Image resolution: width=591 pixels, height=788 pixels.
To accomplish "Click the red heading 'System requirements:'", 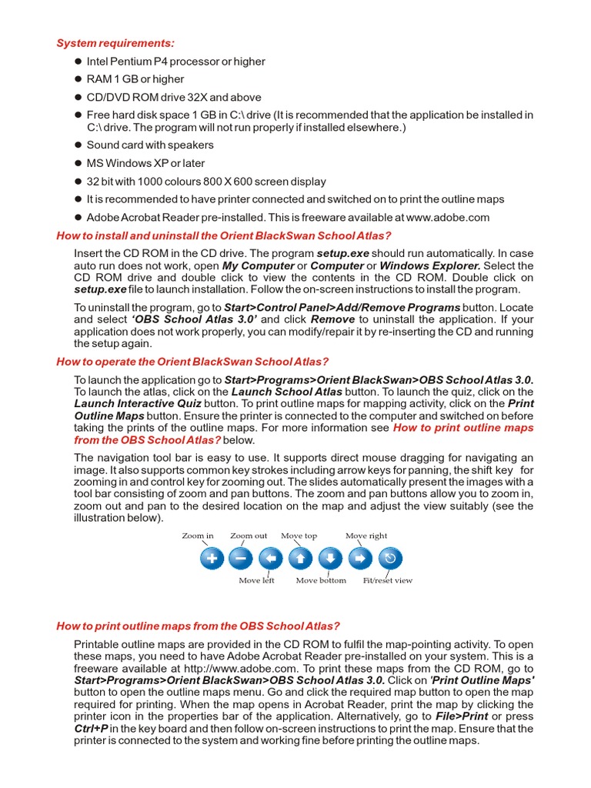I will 115,43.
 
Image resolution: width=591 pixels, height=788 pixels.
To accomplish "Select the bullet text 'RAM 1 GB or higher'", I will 135,79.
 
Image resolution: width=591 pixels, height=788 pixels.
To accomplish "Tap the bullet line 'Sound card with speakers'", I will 150,145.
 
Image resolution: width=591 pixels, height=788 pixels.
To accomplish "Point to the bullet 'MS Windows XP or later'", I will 145,163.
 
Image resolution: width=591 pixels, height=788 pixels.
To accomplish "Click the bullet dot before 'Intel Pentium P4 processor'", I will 78,62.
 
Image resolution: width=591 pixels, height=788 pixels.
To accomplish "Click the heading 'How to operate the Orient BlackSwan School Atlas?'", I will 192,362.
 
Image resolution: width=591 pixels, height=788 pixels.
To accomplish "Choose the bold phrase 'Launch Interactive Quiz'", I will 138,403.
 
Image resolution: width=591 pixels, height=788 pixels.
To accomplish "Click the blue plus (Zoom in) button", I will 212,558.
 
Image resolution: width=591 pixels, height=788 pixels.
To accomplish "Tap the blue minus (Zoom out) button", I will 241,558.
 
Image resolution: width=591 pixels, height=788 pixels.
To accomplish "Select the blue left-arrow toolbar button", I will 270,558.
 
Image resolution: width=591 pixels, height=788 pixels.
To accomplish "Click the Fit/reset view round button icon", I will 389,558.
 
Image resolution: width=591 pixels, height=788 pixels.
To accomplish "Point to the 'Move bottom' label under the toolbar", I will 321,580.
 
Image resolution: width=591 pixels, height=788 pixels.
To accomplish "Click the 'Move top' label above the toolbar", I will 299,536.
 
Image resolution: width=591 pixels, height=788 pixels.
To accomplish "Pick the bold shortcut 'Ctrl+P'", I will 90,729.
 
